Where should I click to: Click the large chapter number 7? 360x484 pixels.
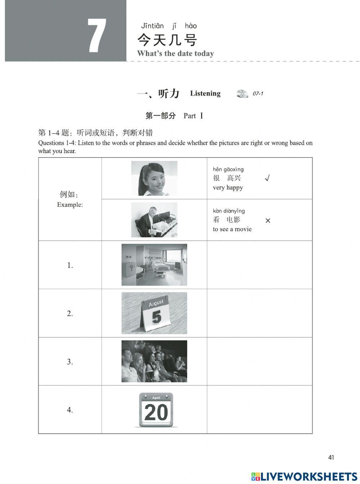coord(97,36)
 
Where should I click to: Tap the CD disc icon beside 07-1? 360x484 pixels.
coord(242,94)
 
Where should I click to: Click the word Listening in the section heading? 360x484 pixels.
coord(205,94)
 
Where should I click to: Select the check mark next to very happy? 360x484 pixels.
coord(267,178)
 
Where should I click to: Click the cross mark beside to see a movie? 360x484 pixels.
coord(267,220)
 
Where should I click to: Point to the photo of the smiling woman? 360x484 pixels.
coord(154,179)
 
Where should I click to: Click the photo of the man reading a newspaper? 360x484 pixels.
coord(154,220)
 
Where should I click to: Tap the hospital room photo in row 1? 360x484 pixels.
coord(154,265)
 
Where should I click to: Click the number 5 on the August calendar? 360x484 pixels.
coord(157,317)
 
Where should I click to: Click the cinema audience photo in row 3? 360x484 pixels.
coord(154,361)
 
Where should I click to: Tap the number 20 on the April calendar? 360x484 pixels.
coord(156,412)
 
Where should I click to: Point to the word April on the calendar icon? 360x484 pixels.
coord(156,398)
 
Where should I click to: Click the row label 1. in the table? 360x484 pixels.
coord(70,265)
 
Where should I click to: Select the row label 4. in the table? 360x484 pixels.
coord(70,410)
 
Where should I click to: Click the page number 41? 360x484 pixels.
coord(331,457)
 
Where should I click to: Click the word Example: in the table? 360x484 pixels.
coord(70,205)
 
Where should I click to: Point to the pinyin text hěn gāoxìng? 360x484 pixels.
coord(228,170)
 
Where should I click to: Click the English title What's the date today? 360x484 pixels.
coord(175,54)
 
